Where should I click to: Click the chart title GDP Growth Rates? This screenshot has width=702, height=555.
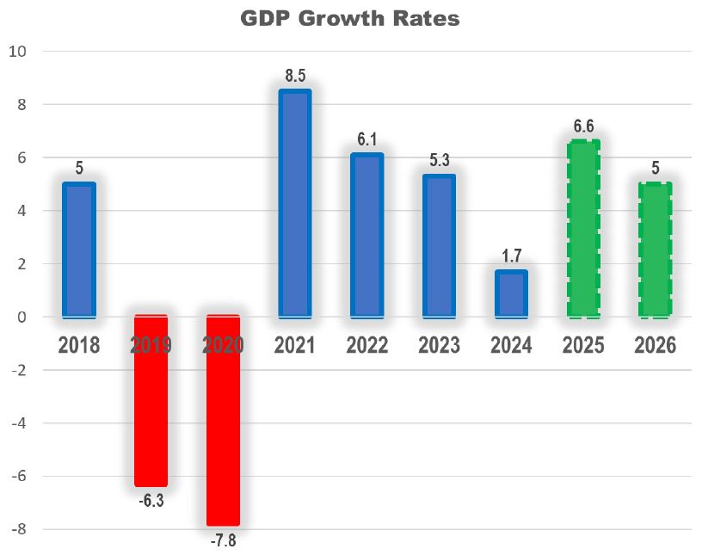(350, 18)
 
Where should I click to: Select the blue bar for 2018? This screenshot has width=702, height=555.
(79, 250)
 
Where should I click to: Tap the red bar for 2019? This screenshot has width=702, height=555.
(151, 400)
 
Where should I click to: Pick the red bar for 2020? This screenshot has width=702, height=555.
(223, 420)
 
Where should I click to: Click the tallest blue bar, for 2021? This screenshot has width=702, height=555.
(294, 203)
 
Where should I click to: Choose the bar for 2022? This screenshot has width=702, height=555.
(366, 235)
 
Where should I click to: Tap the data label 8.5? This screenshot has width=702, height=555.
(294, 75)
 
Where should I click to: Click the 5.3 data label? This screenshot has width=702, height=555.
(439, 160)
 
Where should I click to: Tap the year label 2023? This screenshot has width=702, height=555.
(439, 346)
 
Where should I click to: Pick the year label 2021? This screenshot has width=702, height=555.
(294, 346)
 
